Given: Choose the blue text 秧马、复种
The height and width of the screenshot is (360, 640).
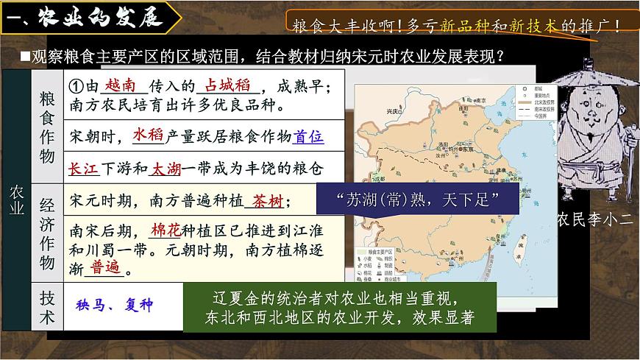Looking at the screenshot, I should (115, 305).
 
